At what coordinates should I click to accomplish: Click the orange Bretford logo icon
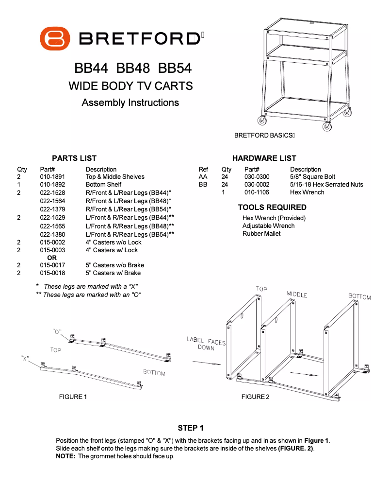click(x=55, y=38)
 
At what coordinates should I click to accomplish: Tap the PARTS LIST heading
click(x=74, y=158)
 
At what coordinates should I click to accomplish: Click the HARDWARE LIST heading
click(x=264, y=158)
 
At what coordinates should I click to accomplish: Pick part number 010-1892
click(x=52, y=185)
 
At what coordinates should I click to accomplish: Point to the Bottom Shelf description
click(x=103, y=185)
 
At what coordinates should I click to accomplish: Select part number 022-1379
click(x=52, y=209)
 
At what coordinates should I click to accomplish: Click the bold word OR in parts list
click(x=51, y=258)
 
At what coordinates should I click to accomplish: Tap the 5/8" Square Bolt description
click(x=312, y=177)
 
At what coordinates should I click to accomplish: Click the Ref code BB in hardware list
click(x=203, y=185)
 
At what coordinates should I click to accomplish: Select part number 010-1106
click(x=257, y=192)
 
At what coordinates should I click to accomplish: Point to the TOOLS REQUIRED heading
click(x=272, y=208)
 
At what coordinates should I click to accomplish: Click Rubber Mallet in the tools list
click(x=261, y=234)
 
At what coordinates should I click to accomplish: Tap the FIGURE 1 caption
click(x=73, y=397)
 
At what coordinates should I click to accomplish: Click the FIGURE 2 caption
click(x=255, y=397)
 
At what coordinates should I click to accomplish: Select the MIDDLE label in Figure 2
click(x=297, y=295)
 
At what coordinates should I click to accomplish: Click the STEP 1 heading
click(x=191, y=428)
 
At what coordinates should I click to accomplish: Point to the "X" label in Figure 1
click(x=26, y=358)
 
